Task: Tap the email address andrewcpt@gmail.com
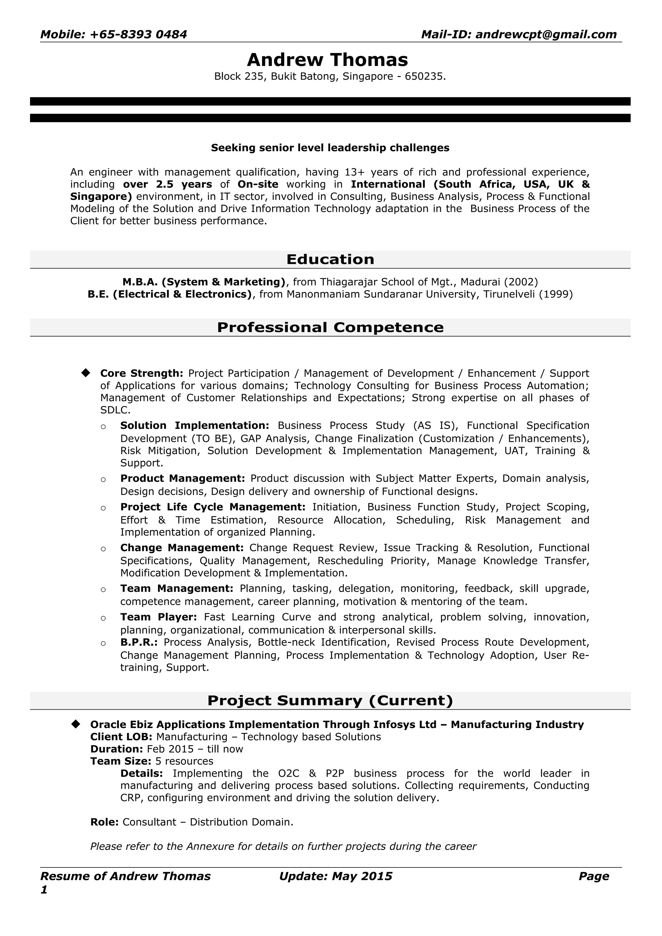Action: (546, 35)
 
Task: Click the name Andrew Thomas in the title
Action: (327, 60)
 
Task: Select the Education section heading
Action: (330, 259)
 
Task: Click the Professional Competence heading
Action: (330, 328)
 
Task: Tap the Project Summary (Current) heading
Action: (330, 700)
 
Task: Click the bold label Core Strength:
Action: (142, 373)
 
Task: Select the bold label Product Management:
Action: (182, 478)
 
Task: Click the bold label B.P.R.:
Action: (139, 642)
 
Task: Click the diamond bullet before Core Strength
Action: (86, 373)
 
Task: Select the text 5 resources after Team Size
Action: (184, 761)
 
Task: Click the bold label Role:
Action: (104, 822)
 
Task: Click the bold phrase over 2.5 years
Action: (167, 184)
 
